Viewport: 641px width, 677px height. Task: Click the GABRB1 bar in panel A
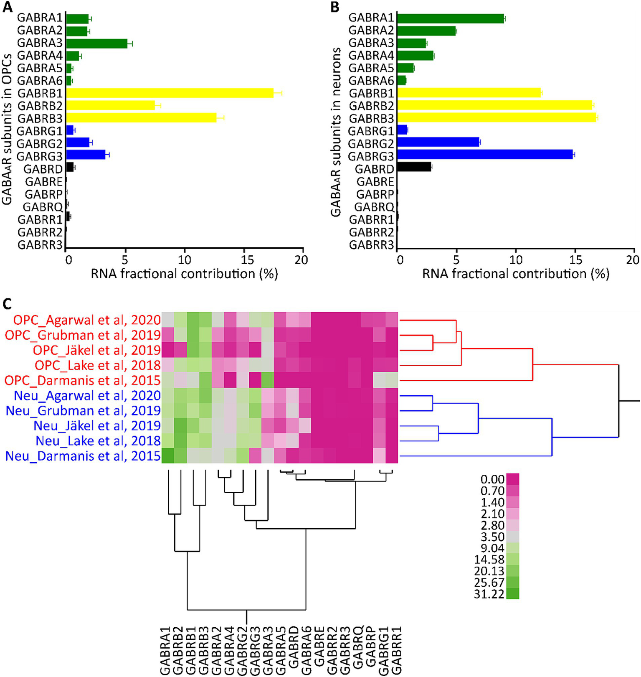click(169, 93)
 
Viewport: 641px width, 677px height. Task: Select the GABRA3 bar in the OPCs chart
click(96, 43)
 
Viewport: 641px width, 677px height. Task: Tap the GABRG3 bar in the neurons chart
click(484, 155)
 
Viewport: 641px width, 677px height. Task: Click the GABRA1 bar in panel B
click(450, 18)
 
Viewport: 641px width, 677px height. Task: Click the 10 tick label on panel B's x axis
click(516, 260)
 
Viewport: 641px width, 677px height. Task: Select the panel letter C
click(8, 304)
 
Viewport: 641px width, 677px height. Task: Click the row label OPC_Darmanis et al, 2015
click(83, 381)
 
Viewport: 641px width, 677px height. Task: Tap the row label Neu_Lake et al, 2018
click(98, 441)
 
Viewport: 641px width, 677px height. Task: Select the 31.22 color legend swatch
click(512, 593)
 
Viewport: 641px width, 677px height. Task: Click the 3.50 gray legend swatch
click(512, 537)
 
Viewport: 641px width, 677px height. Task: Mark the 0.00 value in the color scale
click(492, 479)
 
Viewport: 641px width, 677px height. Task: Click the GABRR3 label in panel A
click(40, 245)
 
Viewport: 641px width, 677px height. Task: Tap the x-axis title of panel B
click(515, 274)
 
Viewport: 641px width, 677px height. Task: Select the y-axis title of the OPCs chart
click(7, 127)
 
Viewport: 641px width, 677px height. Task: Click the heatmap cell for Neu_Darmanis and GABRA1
click(168, 456)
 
